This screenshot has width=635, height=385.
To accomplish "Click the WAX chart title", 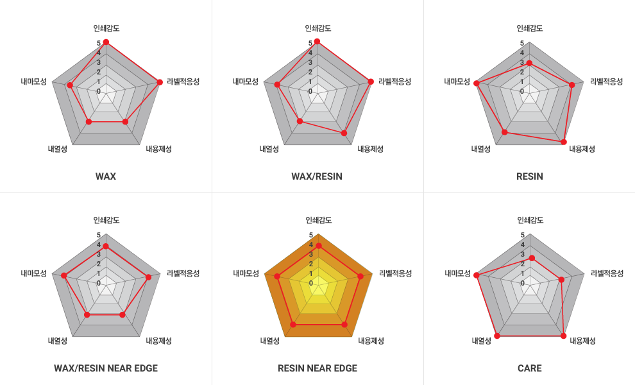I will point(106,176).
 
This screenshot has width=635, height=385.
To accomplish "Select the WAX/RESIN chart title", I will point(317,176).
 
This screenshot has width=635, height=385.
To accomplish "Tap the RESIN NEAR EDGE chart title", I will point(317,368).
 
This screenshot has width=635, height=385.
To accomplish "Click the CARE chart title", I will point(530,368).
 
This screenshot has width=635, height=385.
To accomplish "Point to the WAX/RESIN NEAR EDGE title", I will point(106,368).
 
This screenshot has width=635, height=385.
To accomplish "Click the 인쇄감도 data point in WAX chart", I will point(106,42).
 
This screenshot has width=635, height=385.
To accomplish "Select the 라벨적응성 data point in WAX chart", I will point(159,81).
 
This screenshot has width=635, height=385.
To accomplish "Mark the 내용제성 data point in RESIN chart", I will point(564,141).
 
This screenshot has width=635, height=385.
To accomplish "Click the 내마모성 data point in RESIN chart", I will point(476,83).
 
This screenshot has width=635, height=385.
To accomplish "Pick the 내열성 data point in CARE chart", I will point(497,336).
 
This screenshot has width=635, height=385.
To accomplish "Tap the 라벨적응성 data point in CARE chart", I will point(561,279).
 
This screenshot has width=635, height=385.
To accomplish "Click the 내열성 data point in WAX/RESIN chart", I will point(300,121).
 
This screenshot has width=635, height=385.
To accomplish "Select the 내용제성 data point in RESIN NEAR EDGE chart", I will point(344,325).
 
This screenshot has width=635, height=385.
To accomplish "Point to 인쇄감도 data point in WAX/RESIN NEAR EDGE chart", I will point(106,246).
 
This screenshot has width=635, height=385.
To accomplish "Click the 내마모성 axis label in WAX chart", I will point(33,81).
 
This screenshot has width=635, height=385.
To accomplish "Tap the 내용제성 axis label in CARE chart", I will point(582,341).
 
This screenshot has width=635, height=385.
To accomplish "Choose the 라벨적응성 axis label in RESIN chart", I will point(607,81).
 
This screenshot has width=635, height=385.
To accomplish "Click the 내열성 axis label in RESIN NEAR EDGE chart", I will point(269,341).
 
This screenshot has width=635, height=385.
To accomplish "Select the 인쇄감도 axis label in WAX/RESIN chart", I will point(317,28).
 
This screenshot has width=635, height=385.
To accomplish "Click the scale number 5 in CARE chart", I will point(523,235).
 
